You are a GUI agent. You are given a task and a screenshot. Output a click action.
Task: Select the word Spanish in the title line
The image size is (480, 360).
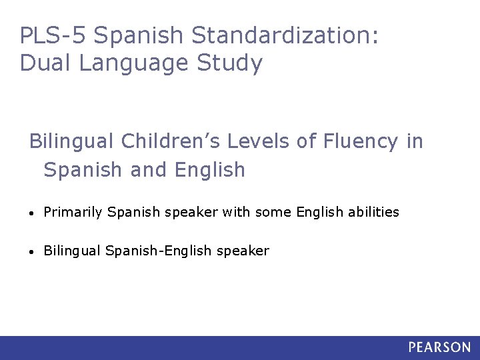pyautogui.click(x=134, y=35)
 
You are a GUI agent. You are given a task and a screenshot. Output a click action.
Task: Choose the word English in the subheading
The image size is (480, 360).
pyautogui.click(x=210, y=169)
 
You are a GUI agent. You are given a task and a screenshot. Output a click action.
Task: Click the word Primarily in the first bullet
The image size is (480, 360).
pyautogui.click(x=73, y=212)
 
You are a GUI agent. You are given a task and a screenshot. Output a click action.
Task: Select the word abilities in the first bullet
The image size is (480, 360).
pyautogui.click(x=374, y=212)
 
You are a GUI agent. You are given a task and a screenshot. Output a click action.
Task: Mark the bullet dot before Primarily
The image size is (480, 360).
pyautogui.click(x=33, y=213)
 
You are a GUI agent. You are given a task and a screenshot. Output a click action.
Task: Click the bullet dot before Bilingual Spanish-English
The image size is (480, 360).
pyautogui.click(x=33, y=252)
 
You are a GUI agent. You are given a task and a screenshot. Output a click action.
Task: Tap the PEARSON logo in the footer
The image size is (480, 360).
pyautogui.click(x=439, y=347)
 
